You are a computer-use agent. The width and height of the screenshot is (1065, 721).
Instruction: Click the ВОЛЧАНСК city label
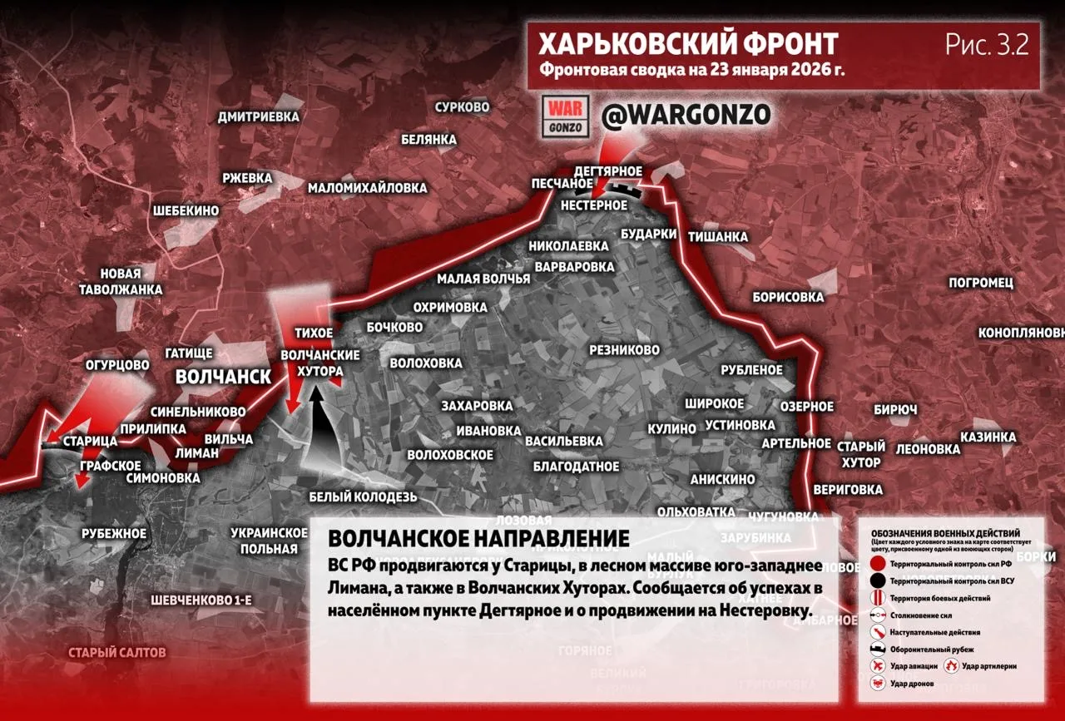[x=223, y=377]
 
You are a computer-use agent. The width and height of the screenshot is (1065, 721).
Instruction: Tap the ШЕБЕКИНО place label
[x=186, y=211]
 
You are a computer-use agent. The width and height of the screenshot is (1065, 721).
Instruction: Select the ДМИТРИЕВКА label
[x=258, y=117]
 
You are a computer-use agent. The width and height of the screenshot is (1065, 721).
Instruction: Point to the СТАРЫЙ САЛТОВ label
[x=117, y=653]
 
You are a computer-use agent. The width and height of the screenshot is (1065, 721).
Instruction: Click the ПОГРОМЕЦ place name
[x=981, y=283]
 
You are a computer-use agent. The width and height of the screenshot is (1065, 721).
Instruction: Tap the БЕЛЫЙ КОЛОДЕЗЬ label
[x=362, y=497]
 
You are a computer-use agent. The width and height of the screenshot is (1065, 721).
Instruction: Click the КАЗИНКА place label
[x=988, y=437]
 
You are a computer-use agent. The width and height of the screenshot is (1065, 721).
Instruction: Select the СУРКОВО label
[x=462, y=107]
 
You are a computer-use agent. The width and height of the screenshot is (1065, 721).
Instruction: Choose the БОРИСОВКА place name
[x=787, y=297]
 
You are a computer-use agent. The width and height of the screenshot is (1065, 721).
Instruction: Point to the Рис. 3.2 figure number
[x=987, y=45]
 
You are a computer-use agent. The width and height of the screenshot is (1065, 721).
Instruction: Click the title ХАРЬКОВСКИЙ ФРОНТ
[x=687, y=44]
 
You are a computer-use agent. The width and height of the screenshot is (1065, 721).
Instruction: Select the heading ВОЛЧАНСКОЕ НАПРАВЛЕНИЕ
[x=479, y=537]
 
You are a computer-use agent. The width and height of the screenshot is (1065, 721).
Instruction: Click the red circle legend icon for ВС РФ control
[x=877, y=564]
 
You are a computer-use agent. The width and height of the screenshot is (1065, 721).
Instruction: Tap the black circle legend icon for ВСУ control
[x=877, y=581]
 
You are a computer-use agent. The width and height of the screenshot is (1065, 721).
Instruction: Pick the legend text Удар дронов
[x=912, y=684]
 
